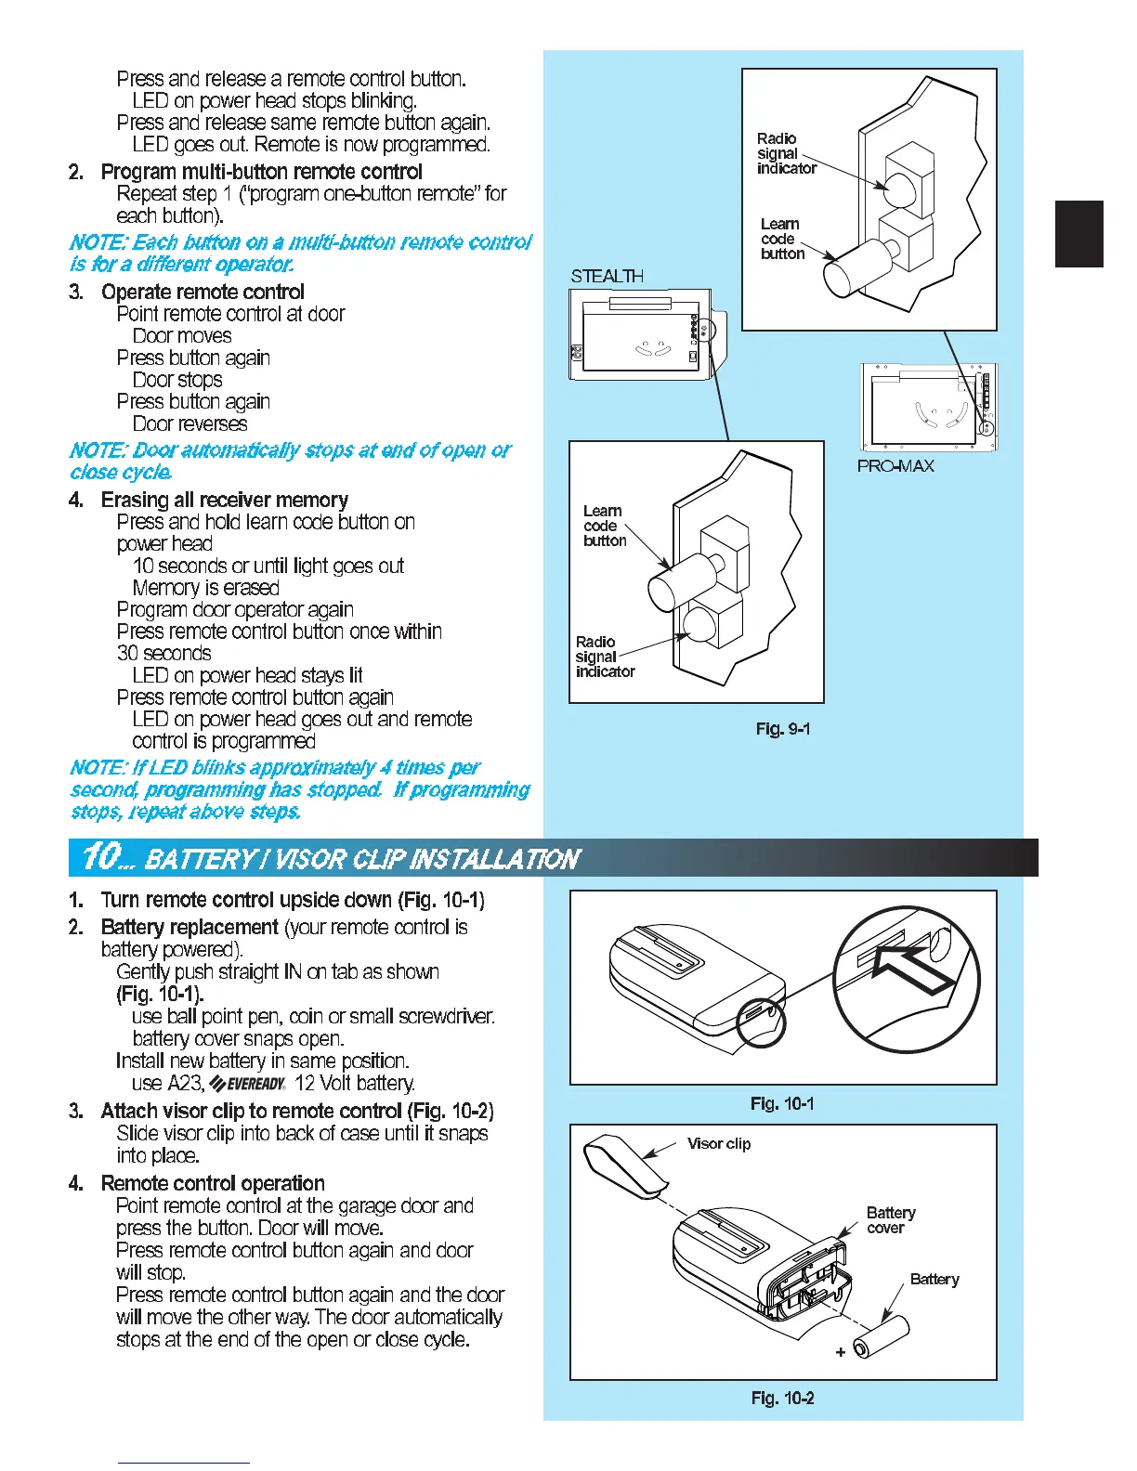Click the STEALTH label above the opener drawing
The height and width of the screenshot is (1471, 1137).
pyautogui.click(x=607, y=276)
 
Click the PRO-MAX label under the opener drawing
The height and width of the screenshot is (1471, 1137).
pyautogui.click(x=895, y=465)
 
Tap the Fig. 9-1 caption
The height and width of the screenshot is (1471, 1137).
pyautogui.click(x=782, y=729)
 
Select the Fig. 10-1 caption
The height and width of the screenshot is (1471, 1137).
pyautogui.click(x=782, y=1103)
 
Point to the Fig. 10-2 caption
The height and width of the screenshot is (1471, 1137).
pyautogui.click(x=782, y=1398)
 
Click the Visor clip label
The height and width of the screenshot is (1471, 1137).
pyautogui.click(x=719, y=1143)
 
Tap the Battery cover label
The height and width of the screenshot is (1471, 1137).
pyautogui.click(x=890, y=1220)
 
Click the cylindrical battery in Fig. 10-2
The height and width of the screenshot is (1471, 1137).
pyautogui.click(x=881, y=1338)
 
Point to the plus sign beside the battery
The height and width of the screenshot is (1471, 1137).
pyautogui.click(x=840, y=1352)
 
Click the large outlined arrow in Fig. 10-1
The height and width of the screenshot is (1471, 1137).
pyautogui.click(x=915, y=972)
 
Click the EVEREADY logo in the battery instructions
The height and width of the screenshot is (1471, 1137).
pyautogui.click(x=247, y=1084)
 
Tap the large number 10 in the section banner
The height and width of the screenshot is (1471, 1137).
pyautogui.click(x=100, y=856)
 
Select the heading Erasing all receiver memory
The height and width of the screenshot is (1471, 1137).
pyautogui.click(x=224, y=500)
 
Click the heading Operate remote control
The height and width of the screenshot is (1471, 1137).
pyautogui.click(x=203, y=292)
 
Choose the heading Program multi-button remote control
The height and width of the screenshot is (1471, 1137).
pyautogui.click(x=261, y=172)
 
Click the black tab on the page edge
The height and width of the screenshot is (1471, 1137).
pyautogui.click(x=1078, y=234)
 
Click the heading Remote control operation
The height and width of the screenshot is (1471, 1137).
pyautogui.click(x=213, y=1183)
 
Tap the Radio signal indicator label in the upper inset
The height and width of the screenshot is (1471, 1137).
pyautogui.click(x=785, y=153)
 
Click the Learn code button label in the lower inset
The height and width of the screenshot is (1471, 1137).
pyautogui.click(x=604, y=526)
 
